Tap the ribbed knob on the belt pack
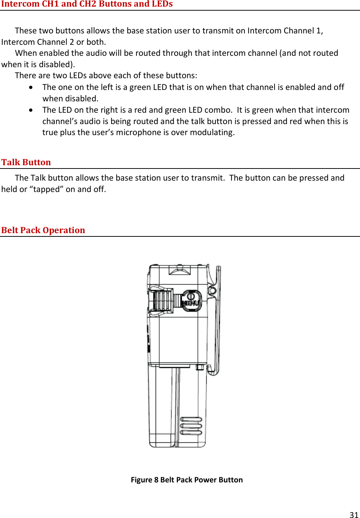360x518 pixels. [162, 300]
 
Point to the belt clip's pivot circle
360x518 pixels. [212, 291]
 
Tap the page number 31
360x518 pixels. [354, 515]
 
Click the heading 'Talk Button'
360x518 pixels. [26, 162]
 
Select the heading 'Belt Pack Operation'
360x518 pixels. [43, 230]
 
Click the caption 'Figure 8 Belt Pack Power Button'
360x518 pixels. [187, 480]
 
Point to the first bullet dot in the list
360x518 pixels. [31, 87]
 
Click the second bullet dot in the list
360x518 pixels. [31, 110]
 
